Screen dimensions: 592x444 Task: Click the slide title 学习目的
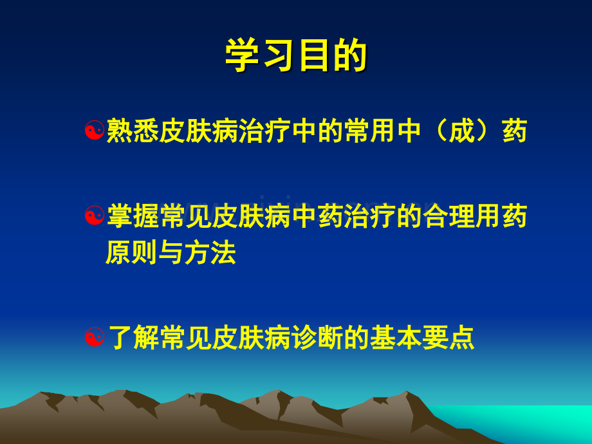[296, 55]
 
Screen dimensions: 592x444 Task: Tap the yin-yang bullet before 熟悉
[95, 130]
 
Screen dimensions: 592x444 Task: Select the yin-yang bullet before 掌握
[95, 216]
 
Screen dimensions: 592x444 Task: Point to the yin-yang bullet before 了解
[95, 337]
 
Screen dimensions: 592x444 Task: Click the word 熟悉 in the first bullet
[133, 131]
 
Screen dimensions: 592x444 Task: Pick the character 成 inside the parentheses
[461, 131]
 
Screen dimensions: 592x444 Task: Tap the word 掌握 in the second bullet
[133, 216]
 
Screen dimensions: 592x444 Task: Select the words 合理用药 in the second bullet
[475, 216]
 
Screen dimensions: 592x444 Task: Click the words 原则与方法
[171, 252]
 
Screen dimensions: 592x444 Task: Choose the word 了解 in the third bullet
[133, 337]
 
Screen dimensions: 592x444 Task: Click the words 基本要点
[422, 337]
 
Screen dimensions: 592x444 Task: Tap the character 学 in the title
[242, 55]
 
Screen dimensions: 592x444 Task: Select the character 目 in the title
[314, 55]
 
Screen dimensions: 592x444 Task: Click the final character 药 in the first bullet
[515, 131]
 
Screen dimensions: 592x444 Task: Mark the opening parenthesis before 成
[440, 131]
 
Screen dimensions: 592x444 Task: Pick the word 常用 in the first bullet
[369, 131]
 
